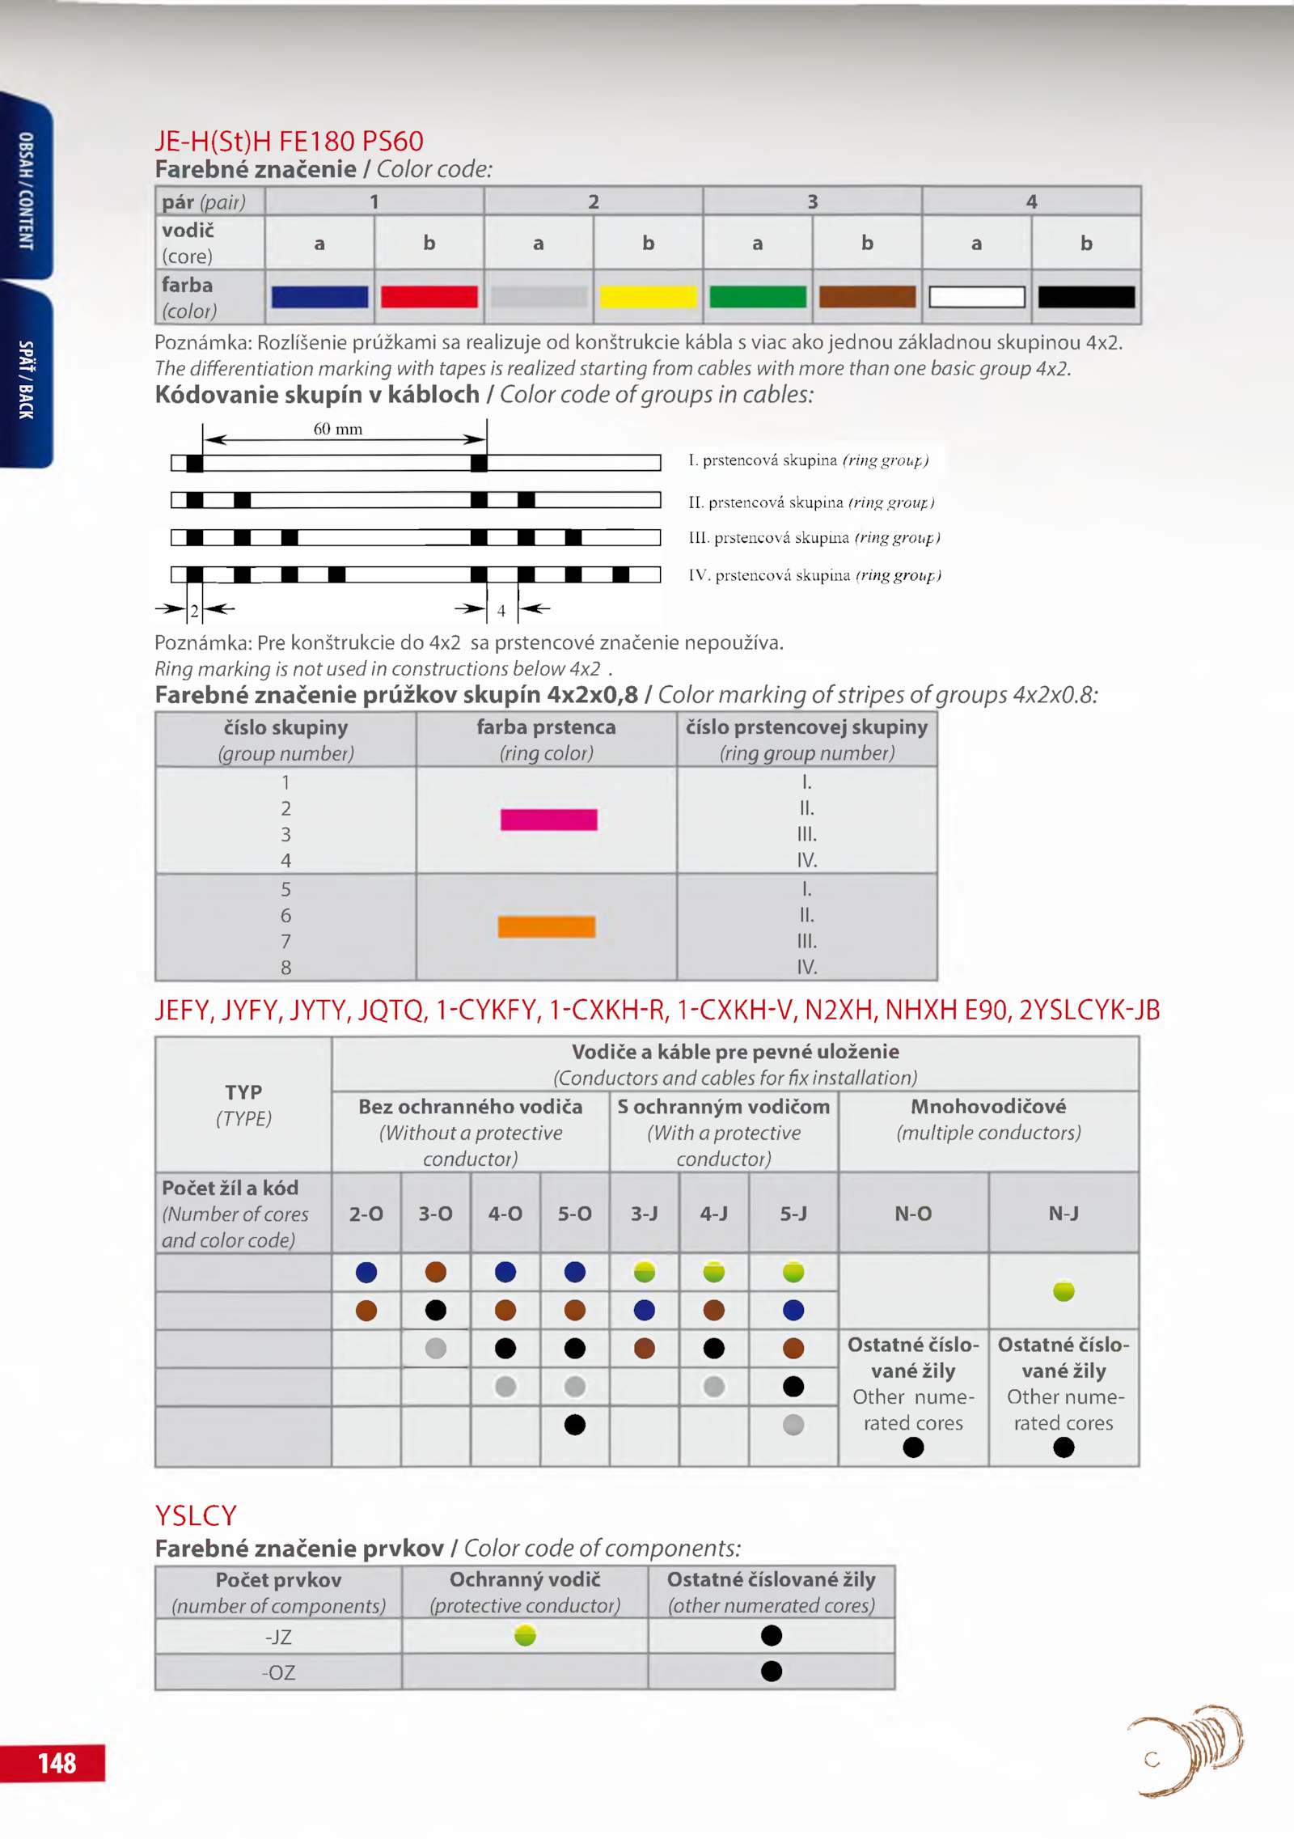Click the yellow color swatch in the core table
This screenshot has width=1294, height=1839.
[x=648, y=297]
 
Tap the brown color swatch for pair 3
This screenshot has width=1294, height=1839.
[x=867, y=297]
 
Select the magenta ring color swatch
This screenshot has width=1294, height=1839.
[x=548, y=820]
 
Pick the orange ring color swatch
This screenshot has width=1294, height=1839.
[x=547, y=926]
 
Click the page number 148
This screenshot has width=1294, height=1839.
[x=57, y=1763]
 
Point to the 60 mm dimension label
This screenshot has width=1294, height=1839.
[x=338, y=429]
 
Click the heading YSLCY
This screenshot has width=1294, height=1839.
[x=196, y=1515]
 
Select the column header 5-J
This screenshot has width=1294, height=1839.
[x=793, y=1213]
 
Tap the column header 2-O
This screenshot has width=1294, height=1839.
[x=366, y=1213]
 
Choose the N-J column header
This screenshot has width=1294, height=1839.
[x=1064, y=1213]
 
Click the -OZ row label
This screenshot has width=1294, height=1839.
[x=278, y=1672]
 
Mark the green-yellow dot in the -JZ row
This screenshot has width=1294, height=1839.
[x=525, y=1636]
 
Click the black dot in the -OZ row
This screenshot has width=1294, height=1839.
[x=772, y=1671]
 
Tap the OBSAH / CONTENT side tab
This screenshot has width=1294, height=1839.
[x=27, y=191]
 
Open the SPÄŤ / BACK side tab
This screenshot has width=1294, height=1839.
[x=27, y=379]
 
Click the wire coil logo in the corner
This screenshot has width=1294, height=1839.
[x=1187, y=1749]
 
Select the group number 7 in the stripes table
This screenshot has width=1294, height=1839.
[x=285, y=941]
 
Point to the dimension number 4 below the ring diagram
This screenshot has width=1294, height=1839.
[x=501, y=611]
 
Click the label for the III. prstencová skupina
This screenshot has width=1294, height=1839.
[x=814, y=538]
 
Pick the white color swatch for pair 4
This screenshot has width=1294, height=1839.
[x=977, y=297]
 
